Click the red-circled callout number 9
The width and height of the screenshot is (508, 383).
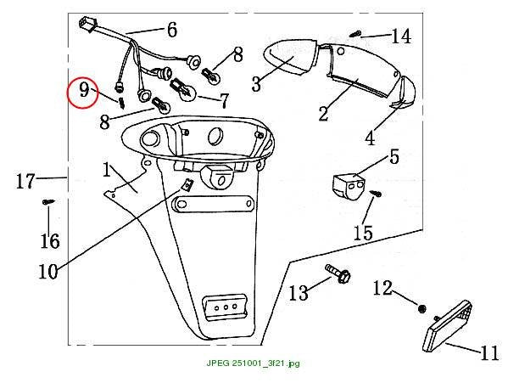coord(84,89)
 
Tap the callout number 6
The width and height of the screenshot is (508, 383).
coord(172,30)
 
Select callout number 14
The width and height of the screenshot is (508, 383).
coord(401,36)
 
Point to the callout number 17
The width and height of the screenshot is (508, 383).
coord(25,181)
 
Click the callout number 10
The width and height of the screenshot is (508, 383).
coord(48,272)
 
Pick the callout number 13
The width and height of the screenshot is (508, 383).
coord(299,293)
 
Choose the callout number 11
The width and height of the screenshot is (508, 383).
coord(489,352)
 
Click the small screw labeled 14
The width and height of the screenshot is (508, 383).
coord(355,33)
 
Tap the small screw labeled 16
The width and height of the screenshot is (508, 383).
coord(48,202)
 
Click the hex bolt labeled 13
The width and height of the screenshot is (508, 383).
coord(338,274)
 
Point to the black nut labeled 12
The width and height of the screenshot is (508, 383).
coord(421,309)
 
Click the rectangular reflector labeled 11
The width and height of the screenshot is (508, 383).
coord(447,326)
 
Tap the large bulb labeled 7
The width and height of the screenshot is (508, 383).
coord(183,90)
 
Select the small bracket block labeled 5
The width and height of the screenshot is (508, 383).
coord(349,186)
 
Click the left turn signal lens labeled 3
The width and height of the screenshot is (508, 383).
coord(289,58)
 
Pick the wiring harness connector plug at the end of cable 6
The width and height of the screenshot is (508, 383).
coord(88,24)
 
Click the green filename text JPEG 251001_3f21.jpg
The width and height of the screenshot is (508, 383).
coord(253,363)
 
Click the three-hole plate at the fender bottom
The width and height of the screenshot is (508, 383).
coord(224,307)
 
